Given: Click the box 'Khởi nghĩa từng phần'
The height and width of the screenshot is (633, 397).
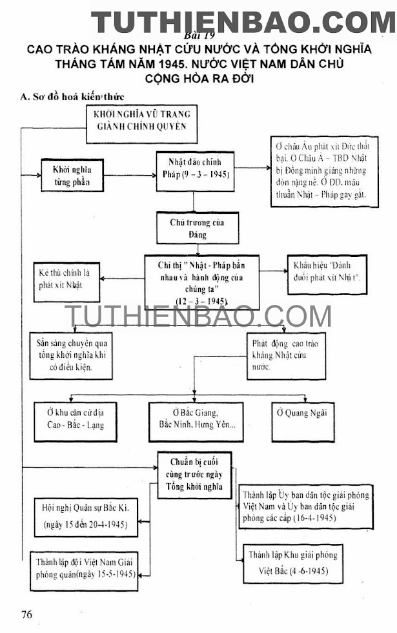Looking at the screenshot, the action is tap(72, 175).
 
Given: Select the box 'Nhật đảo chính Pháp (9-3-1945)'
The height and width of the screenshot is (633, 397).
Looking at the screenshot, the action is tap(193, 169).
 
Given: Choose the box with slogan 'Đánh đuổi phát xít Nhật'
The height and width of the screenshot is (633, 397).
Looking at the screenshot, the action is tap(327, 274).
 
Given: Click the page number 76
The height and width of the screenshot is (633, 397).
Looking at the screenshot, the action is tap(26, 614).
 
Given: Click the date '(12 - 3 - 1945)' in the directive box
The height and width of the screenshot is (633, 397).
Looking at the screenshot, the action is tap(201, 301).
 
